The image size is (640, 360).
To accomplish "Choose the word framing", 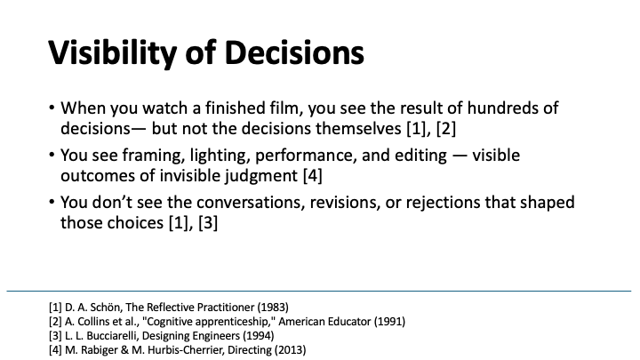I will (153, 156).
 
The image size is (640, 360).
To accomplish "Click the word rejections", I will (433, 203).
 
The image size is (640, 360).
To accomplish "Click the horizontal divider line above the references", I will (320, 291).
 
